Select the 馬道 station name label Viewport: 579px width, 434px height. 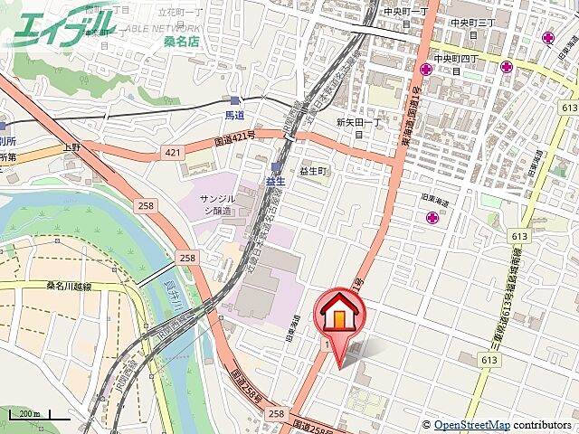click(x=235, y=115)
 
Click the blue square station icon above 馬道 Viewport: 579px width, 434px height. click(x=235, y=101)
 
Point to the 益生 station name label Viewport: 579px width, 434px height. click(x=275, y=181)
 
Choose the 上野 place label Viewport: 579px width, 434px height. click(x=72, y=146)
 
